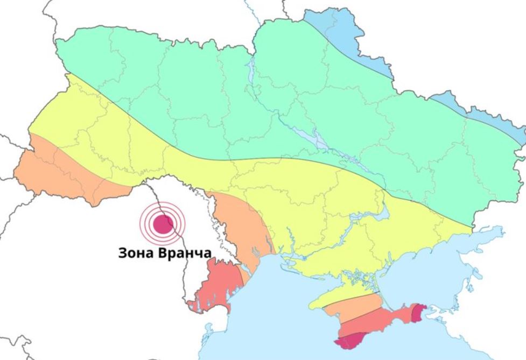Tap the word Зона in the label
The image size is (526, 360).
136,253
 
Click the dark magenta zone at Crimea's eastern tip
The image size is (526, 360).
419,312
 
